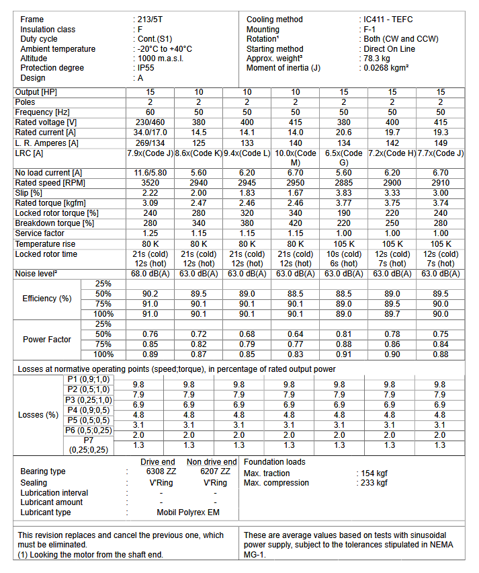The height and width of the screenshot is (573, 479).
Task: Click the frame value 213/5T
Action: click(150, 20)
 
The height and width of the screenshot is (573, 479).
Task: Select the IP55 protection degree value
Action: click(146, 68)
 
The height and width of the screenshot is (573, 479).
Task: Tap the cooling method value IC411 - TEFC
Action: click(388, 20)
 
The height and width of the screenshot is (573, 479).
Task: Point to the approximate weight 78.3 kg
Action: click(376, 59)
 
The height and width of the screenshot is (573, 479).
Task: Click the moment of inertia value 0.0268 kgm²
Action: click(386, 68)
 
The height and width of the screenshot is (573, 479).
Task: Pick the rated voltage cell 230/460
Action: click(151, 122)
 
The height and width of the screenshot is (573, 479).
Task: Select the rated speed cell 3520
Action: click(151, 183)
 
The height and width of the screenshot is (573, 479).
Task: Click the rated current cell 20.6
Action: click(343, 132)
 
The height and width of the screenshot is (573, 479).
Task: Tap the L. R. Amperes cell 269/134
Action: click(151, 143)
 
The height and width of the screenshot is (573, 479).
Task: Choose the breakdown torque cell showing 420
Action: click(296, 223)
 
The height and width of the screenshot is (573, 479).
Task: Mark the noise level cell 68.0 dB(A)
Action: click(151, 274)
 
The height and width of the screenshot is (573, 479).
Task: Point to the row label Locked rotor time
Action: click(46, 254)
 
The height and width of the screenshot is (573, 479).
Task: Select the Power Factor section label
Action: click(46, 340)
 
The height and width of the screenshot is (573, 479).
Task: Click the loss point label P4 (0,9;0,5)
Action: click(89, 410)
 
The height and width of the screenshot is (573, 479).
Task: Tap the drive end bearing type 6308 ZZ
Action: click(160, 471)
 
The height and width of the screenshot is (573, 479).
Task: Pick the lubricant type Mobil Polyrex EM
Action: click(187, 512)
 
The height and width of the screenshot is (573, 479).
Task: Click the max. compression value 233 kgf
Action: click(374, 482)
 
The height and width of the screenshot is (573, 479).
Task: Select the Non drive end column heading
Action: click(212, 462)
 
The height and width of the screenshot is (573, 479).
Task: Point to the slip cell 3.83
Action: click(343, 193)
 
